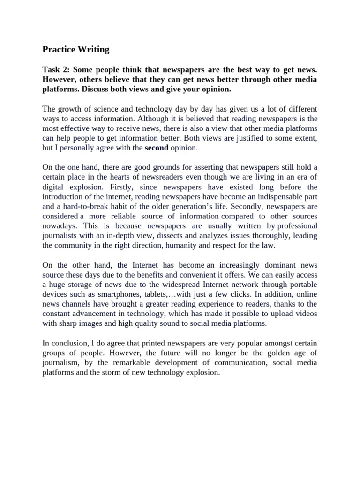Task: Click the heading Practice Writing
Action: (76, 49)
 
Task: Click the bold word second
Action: (157, 148)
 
